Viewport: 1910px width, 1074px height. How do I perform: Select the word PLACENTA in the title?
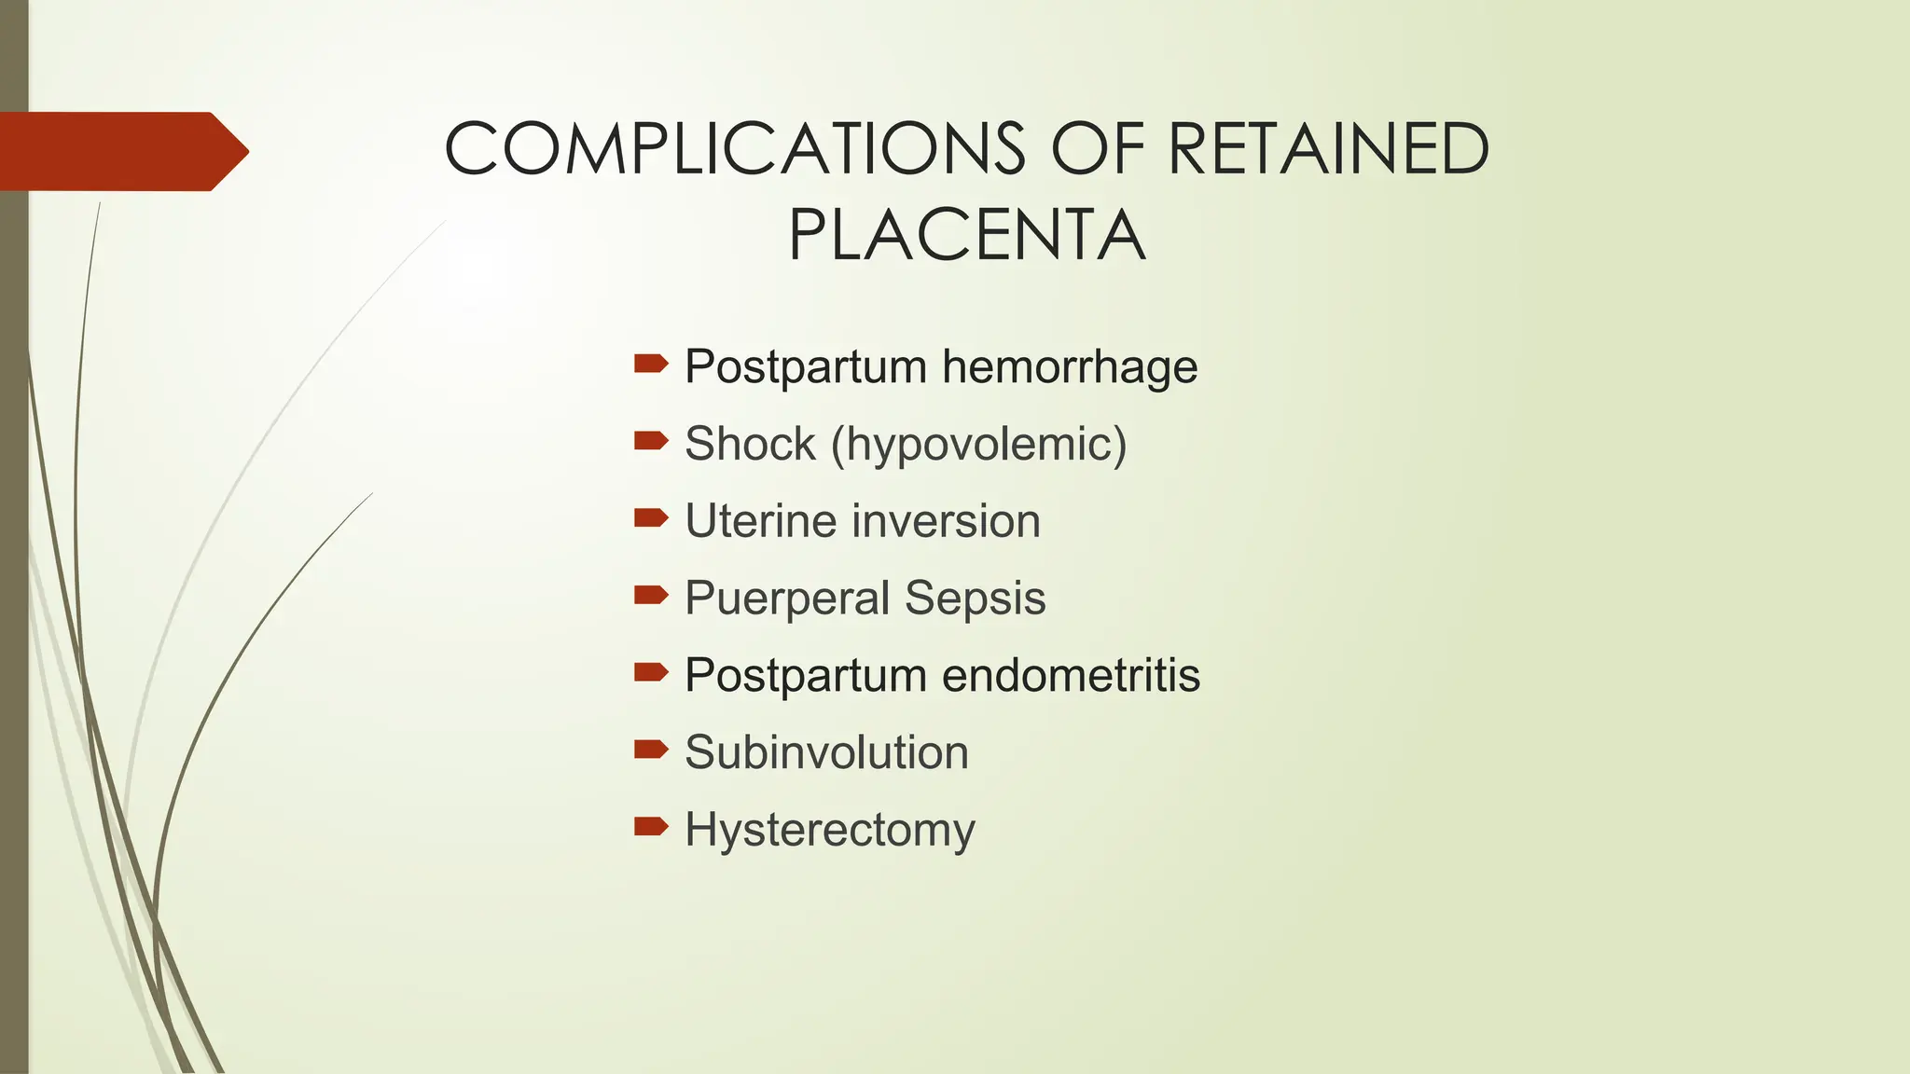pos(966,236)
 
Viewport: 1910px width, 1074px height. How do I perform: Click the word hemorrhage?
pos(1070,366)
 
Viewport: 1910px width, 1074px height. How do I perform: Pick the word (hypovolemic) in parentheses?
pos(979,444)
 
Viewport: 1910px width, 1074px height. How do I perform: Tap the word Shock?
pos(750,444)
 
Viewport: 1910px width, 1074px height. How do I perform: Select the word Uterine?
pos(755,520)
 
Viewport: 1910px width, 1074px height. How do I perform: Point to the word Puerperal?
pos(787,599)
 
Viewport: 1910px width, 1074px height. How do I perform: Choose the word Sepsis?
pos(975,598)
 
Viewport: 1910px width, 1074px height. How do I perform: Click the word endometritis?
pos(1071,675)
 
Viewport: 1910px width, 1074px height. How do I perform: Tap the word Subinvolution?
pos(826,752)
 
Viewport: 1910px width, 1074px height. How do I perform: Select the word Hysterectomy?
pos(830,830)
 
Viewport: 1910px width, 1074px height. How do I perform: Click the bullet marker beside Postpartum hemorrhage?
pos(651,364)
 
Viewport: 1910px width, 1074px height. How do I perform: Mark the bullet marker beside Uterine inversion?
pos(651,517)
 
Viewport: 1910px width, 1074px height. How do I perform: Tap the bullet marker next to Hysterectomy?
pos(651,826)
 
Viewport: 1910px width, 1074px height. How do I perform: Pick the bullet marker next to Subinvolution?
pos(651,749)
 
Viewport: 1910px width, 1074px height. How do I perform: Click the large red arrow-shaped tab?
pos(121,151)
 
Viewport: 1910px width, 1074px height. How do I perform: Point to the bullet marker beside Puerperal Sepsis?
pos(651,595)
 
